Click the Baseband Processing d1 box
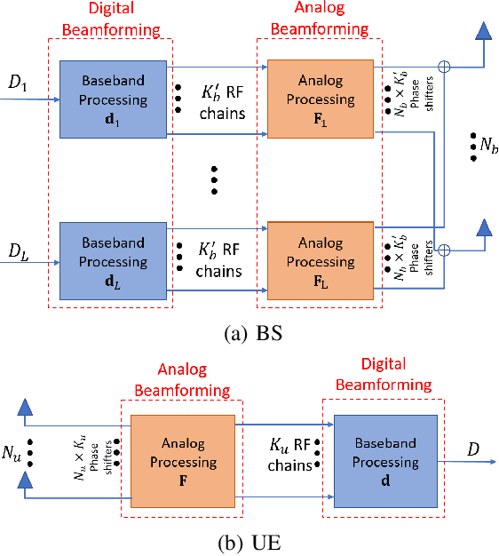tap(113, 99)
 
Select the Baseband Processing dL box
tap(113, 262)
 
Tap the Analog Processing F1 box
tap(320, 99)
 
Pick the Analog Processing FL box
tap(320, 262)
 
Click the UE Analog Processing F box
tap(183, 463)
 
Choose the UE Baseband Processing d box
tap(384, 463)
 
